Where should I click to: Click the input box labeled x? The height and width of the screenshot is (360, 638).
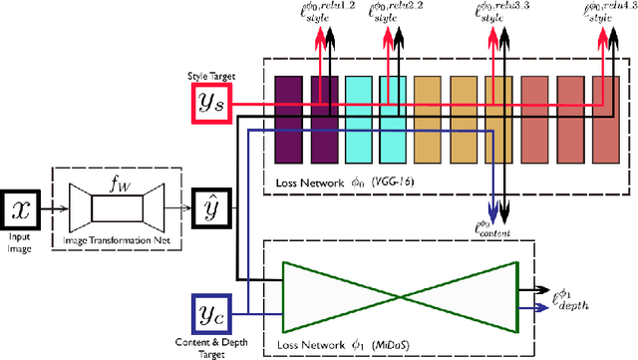pos(23,209)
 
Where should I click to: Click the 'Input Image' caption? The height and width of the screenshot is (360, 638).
pos(23,243)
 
